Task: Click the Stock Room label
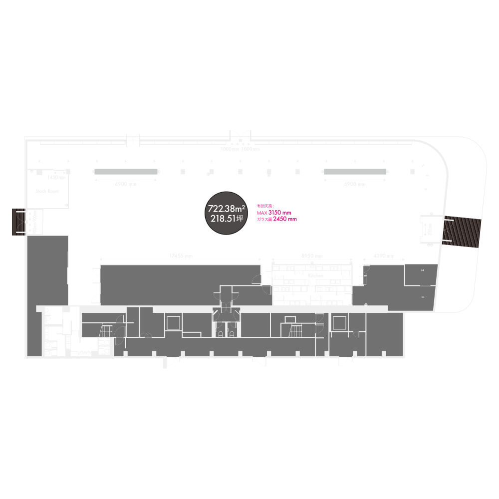coord(47,191)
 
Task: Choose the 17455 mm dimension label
coord(181,256)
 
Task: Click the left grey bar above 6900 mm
coord(126,172)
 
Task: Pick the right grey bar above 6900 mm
coord(355,172)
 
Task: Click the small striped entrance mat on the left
coord(20,222)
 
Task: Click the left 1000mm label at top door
coord(230,149)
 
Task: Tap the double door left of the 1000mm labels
coord(134,140)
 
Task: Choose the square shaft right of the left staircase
coord(173,322)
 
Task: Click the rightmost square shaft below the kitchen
coord(340,322)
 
